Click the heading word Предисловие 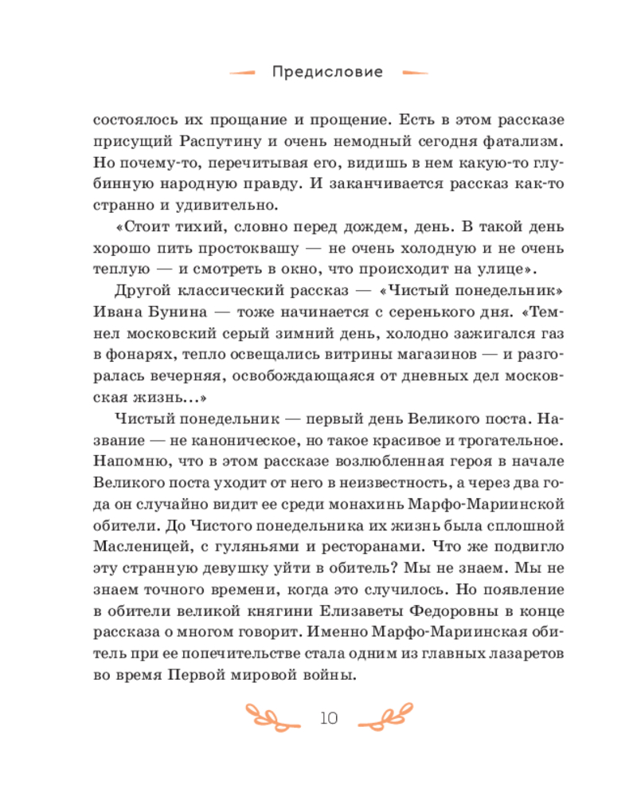tap(327, 73)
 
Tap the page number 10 tap(329, 718)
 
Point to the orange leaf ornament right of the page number tap(386, 716)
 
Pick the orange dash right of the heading tap(414, 73)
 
